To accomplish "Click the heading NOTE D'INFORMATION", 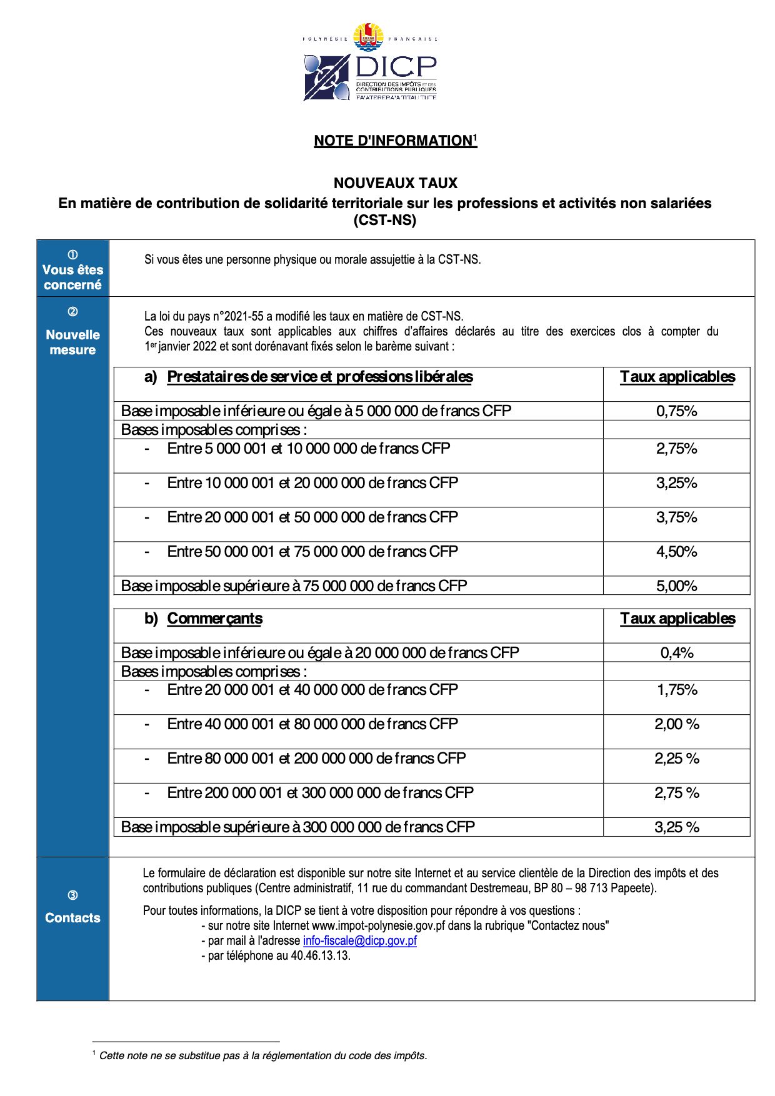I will click(x=394, y=141).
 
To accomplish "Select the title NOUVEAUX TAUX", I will click(x=395, y=183).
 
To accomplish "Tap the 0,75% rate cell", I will click(x=676, y=411).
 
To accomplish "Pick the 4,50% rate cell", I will click(x=676, y=552).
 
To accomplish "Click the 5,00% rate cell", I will click(x=676, y=586).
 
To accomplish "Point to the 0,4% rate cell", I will click(x=676, y=653).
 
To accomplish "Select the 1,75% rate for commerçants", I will click(x=676, y=690).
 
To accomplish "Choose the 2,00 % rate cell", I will click(x=676, y=724).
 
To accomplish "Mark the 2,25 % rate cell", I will click(x=676, y=759).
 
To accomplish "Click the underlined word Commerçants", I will click(x=214, y=619).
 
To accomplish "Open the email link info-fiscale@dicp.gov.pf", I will click(x=359, y=940).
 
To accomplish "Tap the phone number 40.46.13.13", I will click(x=320, y=955).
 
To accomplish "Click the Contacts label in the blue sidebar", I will click(x=72, y=918).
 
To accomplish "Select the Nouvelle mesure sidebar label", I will click(x=72, y=342).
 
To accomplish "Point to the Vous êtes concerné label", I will click(x=72, y=277).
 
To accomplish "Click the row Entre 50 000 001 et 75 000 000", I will click(x=312, y=552).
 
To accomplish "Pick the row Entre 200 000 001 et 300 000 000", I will click(x=320, y=793).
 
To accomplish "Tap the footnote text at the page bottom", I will click(x=262, y=1055).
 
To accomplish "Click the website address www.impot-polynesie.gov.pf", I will click(x=378, y=925).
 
